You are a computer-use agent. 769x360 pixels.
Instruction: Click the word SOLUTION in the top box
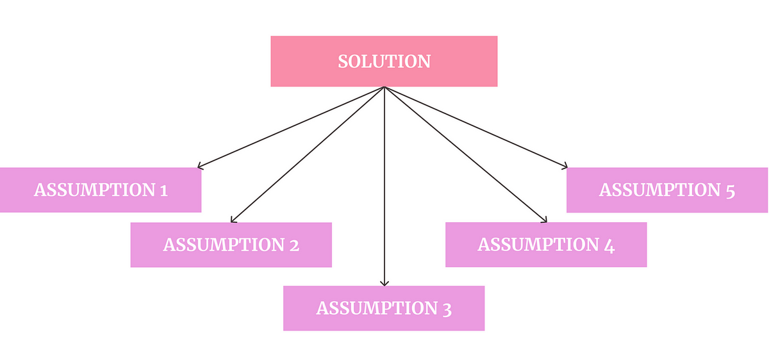pos(384,61)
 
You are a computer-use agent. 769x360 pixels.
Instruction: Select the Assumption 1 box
pos(101,190)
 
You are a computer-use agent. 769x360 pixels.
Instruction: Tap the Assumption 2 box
pos(231,245)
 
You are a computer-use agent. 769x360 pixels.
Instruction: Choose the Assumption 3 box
pos(384,308)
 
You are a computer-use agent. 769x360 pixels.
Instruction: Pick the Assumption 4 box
pos(546,245)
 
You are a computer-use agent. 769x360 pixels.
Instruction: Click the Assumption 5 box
pos(667,190)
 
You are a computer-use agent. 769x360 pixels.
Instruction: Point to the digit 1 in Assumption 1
pos(164,190)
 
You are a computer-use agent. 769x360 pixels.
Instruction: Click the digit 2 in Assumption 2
pos(294,245)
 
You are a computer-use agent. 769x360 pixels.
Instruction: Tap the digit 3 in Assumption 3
pos(447,309)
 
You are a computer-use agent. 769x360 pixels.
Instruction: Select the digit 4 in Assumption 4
pos(609,247)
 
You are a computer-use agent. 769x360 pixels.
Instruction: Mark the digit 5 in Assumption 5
pos(730,192)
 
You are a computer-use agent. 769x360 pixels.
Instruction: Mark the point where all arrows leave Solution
pos(384,87)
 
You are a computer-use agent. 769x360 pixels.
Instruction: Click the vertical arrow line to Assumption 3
pos(384,186)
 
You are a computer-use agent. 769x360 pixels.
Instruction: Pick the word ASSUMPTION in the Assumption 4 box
pos(538,244)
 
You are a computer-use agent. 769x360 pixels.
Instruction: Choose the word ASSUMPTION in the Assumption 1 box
pos(94,190)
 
